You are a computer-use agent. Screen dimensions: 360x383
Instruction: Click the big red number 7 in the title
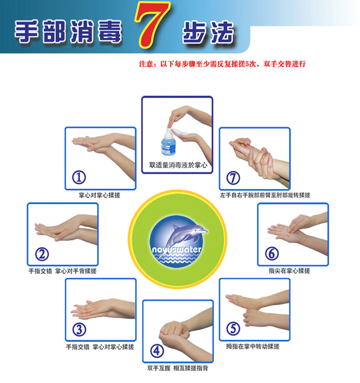tap(152, 24)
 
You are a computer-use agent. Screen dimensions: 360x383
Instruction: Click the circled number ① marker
tap(79, 177)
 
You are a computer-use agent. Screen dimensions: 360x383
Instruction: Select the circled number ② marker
tap(42, 254)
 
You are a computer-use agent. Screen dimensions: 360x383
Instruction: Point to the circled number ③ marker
tap(79, 329)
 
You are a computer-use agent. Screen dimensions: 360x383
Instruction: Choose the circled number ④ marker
tap(157, 351)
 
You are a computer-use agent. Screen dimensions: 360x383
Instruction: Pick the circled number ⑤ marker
tap(233, 328)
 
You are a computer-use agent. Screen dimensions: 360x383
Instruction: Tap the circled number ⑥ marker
tap(272, 253)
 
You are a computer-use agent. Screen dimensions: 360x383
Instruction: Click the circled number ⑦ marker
tap(233, 177)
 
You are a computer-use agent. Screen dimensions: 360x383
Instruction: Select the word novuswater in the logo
tap(177, 249)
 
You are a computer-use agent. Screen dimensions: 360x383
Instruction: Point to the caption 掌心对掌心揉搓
tap(100, 195)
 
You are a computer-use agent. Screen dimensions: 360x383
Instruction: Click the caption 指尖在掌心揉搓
tap(290, 270)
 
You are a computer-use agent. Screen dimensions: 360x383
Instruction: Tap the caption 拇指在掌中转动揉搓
tap(253, 346)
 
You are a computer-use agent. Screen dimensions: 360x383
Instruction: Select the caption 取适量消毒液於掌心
tap(178, 165)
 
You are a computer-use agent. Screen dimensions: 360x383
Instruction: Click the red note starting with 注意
tap(222, 64)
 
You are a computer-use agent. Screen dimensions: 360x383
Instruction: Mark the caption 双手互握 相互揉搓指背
tap(178, 368)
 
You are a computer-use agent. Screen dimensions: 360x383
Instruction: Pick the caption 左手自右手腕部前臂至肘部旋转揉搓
tap(265, 195)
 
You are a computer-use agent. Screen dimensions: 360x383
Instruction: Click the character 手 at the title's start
tap(27, 32)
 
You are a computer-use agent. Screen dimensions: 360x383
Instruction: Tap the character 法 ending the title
tap(222, 32)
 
